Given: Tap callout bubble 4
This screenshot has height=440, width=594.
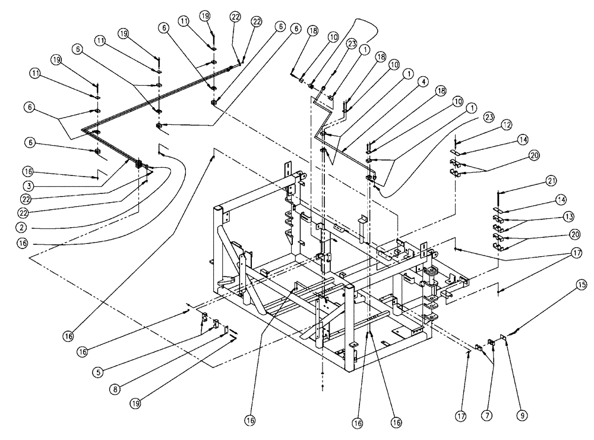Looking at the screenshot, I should click(422, 82).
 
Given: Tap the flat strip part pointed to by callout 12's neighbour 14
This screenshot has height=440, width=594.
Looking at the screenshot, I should click(456, 152).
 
